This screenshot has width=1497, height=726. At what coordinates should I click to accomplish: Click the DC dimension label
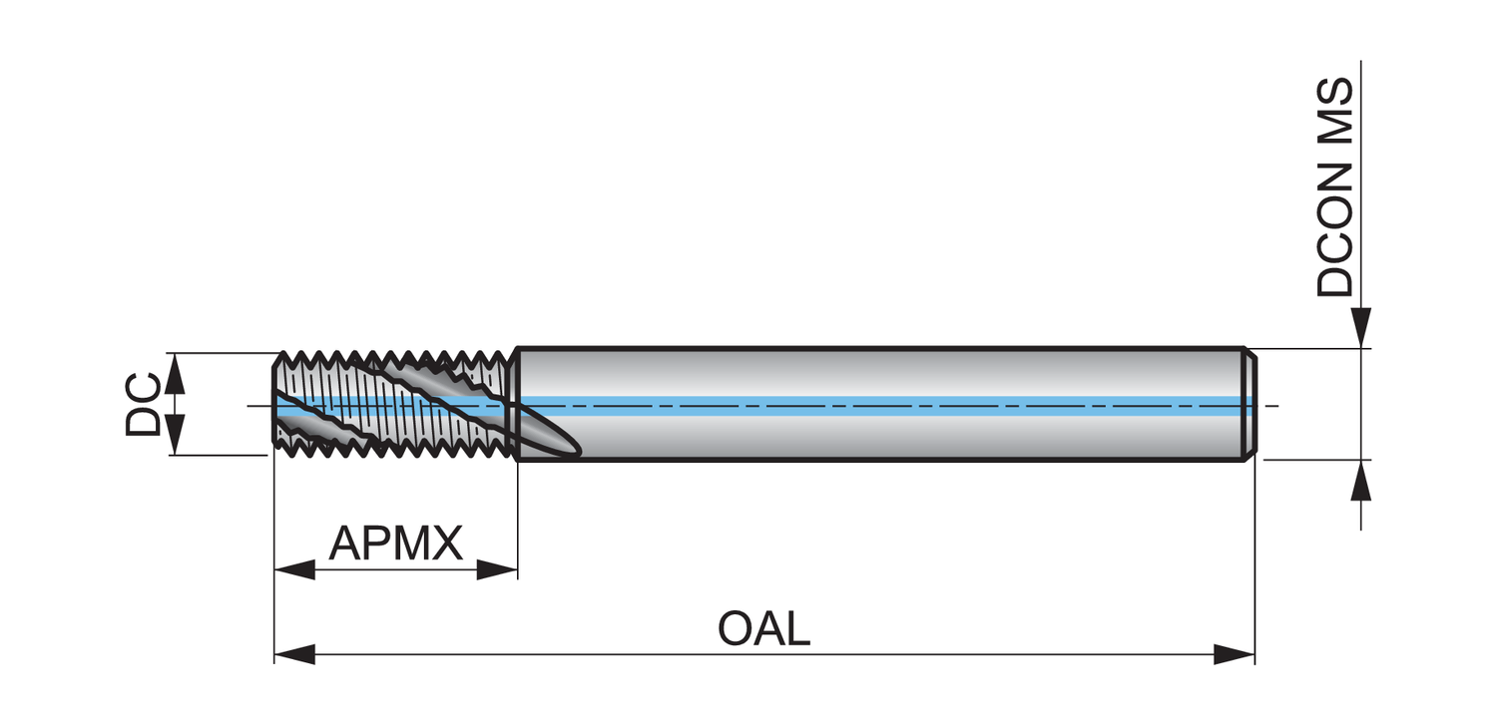point(143,404)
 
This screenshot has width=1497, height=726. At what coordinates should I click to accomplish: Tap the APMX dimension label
point(396,544)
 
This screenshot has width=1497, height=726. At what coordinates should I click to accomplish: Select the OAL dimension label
point(763,629)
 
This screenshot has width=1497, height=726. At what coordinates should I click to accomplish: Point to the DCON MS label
point(1335,187)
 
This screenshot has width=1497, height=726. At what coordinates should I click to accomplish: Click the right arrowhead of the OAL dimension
point(1235,655)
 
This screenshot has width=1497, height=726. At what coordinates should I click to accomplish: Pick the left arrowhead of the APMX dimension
point(294,570)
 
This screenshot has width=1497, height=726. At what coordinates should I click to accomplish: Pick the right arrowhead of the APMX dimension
point(497,570)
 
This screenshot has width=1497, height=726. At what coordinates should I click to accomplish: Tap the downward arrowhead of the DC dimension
point(174,436)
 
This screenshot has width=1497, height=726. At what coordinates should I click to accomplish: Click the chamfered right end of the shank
point(1249,404)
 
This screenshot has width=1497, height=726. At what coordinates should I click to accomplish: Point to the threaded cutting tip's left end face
point(275,404)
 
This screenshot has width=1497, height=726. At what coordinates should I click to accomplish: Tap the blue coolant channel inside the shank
point(878,404)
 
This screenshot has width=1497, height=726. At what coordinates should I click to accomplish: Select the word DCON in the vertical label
point(1335,228)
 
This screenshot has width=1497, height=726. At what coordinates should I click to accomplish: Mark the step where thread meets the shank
point(516,404)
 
